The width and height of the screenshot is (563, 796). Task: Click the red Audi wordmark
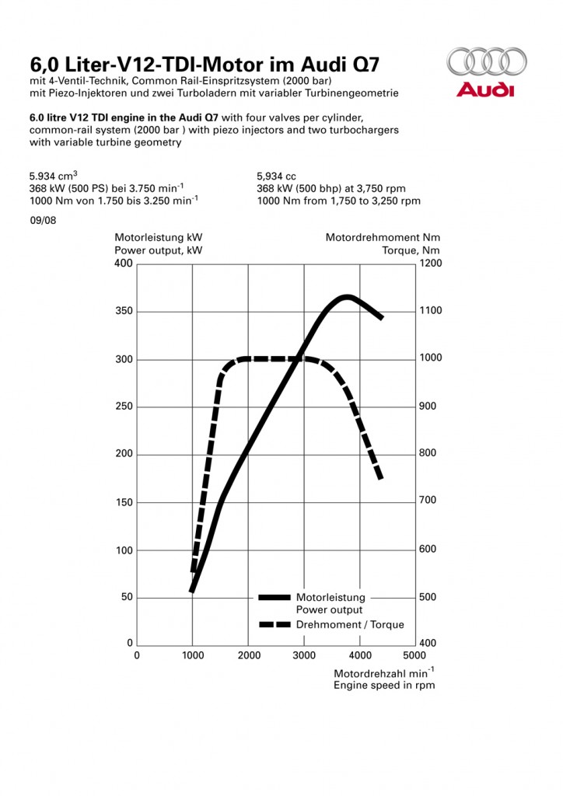(485, 90)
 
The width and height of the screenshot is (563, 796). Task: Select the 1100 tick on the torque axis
(429, 311)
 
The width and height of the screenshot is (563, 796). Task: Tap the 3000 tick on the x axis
(304, 655)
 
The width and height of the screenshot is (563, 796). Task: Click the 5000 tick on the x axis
(416, 655)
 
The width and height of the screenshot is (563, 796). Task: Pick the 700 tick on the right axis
(429, 501)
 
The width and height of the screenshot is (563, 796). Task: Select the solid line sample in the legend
(275, 598)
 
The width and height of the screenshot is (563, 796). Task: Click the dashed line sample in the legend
(275, 624)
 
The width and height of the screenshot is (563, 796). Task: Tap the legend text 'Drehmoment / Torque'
(350, 624)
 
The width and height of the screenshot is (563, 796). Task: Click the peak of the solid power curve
(346, 297)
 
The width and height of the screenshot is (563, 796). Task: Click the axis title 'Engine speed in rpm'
(384, 685)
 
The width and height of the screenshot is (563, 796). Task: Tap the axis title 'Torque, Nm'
(411, 250)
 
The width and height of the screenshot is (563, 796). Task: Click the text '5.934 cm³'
(53, 176)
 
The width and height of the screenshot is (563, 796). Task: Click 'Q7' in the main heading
(363, 64)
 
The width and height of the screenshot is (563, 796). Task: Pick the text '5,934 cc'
(276, 176)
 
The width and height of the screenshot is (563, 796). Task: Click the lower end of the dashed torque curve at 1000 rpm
(194, 571)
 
